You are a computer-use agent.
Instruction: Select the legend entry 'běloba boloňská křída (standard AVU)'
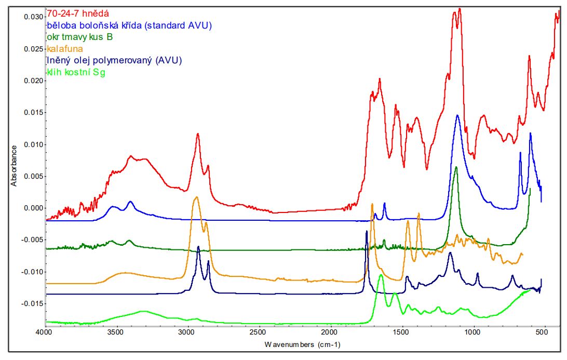129,25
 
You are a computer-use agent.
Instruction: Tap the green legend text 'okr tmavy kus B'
79,37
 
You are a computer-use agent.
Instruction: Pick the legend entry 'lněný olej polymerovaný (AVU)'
114,60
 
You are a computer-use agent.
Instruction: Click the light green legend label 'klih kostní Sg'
76,72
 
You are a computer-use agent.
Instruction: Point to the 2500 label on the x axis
258,331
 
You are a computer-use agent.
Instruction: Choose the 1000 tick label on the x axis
473,331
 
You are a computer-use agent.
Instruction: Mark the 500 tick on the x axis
544,331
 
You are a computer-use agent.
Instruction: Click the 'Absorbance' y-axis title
15,166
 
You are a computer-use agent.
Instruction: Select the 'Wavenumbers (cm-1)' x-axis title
302,344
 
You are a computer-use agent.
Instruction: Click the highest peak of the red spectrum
459,9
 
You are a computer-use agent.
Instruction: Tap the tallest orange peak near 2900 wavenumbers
196,197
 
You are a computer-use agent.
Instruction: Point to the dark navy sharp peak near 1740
367,231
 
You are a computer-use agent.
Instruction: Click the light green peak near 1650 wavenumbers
381,275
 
